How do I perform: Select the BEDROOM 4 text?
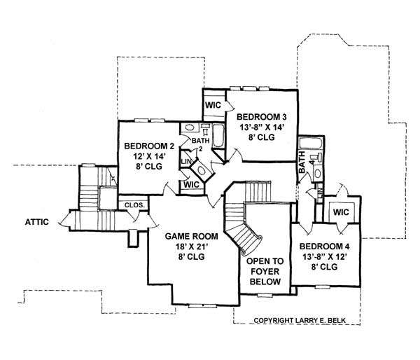(325, 247)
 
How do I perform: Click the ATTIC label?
(36, 222)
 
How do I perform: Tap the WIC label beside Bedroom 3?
(213, 104)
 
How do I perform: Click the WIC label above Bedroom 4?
(342, 212)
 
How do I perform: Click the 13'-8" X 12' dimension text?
(325, 258)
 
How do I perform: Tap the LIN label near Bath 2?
(186, 162)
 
